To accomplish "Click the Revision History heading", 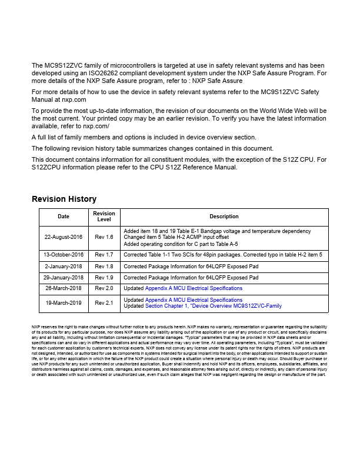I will click(x=64, y=199).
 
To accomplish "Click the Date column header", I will click(x=64, y=217).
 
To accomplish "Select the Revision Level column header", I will click(x=104, y=217).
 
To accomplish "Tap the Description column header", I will click(x=224, y=217).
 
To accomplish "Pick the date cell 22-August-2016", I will click(x=64, y=237).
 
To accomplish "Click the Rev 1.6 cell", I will click(x=104, y=237).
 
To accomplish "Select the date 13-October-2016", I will click(x=64, y=255).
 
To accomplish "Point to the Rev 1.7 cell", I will click(x=104, y=255).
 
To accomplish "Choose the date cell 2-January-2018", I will click(x=64, y=267).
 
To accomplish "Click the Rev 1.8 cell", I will click(x=104, y=267).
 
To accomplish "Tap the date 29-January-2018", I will click(x=64, y=277).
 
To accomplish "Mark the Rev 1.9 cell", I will click(x=104, y=277).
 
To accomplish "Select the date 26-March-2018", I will click(x=64, y=288).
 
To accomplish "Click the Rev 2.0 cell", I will click(x=104, y=288).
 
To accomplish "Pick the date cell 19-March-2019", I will click(x=64, y=303).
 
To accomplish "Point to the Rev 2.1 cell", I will click(x=104, y=303).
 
